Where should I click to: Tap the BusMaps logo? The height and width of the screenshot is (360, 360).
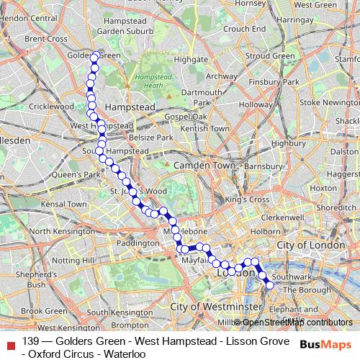click(328, 346)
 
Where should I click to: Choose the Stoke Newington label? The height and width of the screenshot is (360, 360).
click(329, 103)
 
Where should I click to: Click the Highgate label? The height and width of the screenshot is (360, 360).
click(191, 60)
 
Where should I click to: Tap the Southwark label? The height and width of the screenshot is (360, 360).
click(291, 276)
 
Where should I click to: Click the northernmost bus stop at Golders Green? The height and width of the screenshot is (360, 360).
click(94, 56)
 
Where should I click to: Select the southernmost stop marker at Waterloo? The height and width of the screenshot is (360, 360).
click(270, 285)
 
